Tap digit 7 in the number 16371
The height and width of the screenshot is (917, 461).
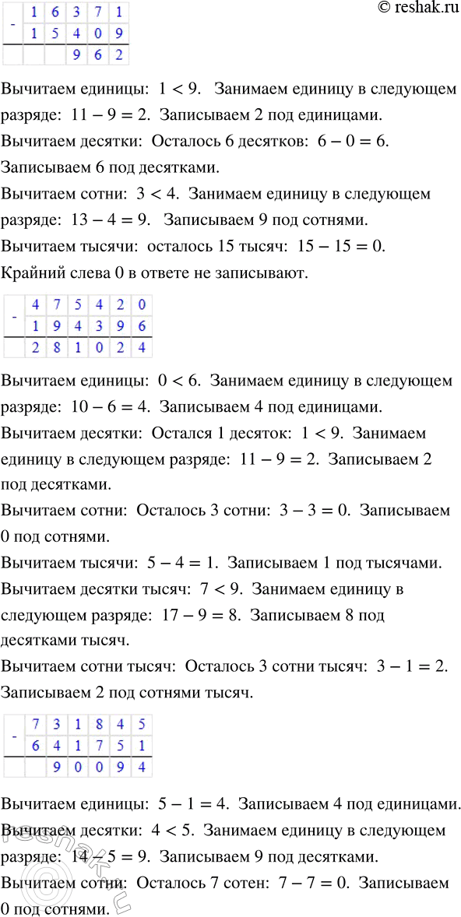point(98,13)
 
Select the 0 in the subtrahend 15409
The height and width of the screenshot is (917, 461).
point(98,34)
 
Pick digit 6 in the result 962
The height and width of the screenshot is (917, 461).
point(98,55)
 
